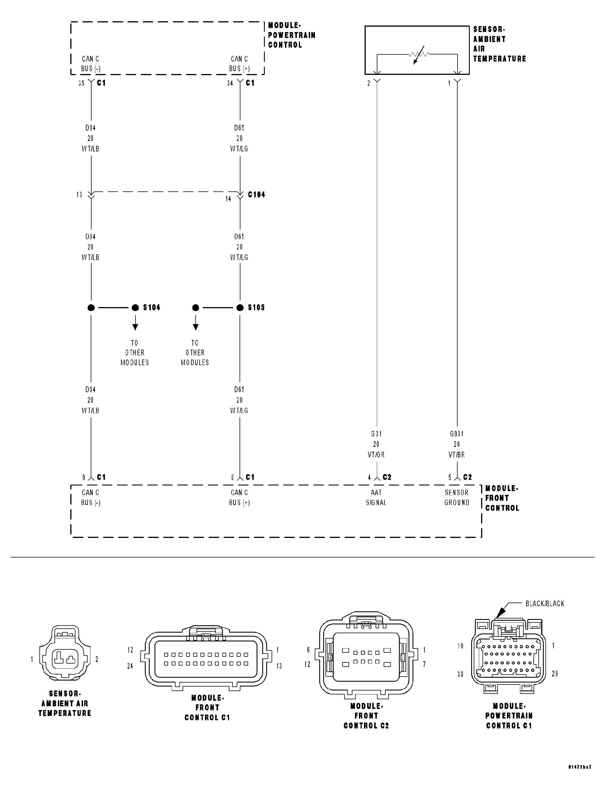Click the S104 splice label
152,307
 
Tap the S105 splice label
256,307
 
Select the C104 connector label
256,195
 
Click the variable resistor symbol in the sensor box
419,55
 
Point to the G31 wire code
376,434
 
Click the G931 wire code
457,434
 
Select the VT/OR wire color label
376,455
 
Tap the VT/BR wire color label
457,455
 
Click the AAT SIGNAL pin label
376,497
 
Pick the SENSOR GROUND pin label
457,497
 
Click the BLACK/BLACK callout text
545,603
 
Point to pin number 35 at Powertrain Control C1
81,83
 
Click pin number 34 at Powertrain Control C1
230,83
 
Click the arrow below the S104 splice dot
135,323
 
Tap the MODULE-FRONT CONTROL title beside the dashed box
502,498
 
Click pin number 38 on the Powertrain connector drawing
460,674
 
